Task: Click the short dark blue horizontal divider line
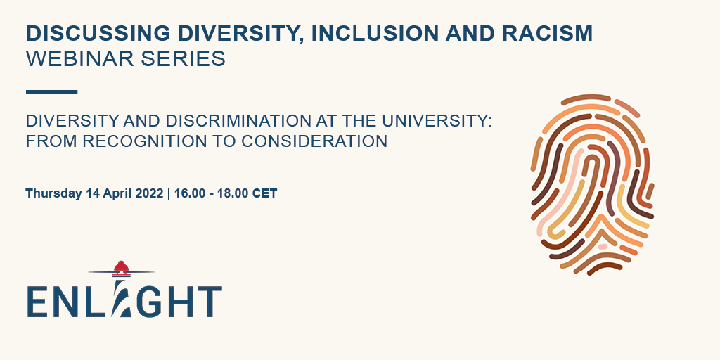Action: click(51, 91)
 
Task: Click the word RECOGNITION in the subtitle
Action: click(141, 141)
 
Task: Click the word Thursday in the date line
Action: click(53, 193)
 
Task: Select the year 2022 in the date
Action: click(148, 193)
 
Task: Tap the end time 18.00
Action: click(235, 193)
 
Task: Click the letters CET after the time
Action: click(266, 193)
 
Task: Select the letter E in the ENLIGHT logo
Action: click(39, 301)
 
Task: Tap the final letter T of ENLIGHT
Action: click(209, 301)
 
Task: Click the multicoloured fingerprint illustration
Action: click(591, 184)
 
